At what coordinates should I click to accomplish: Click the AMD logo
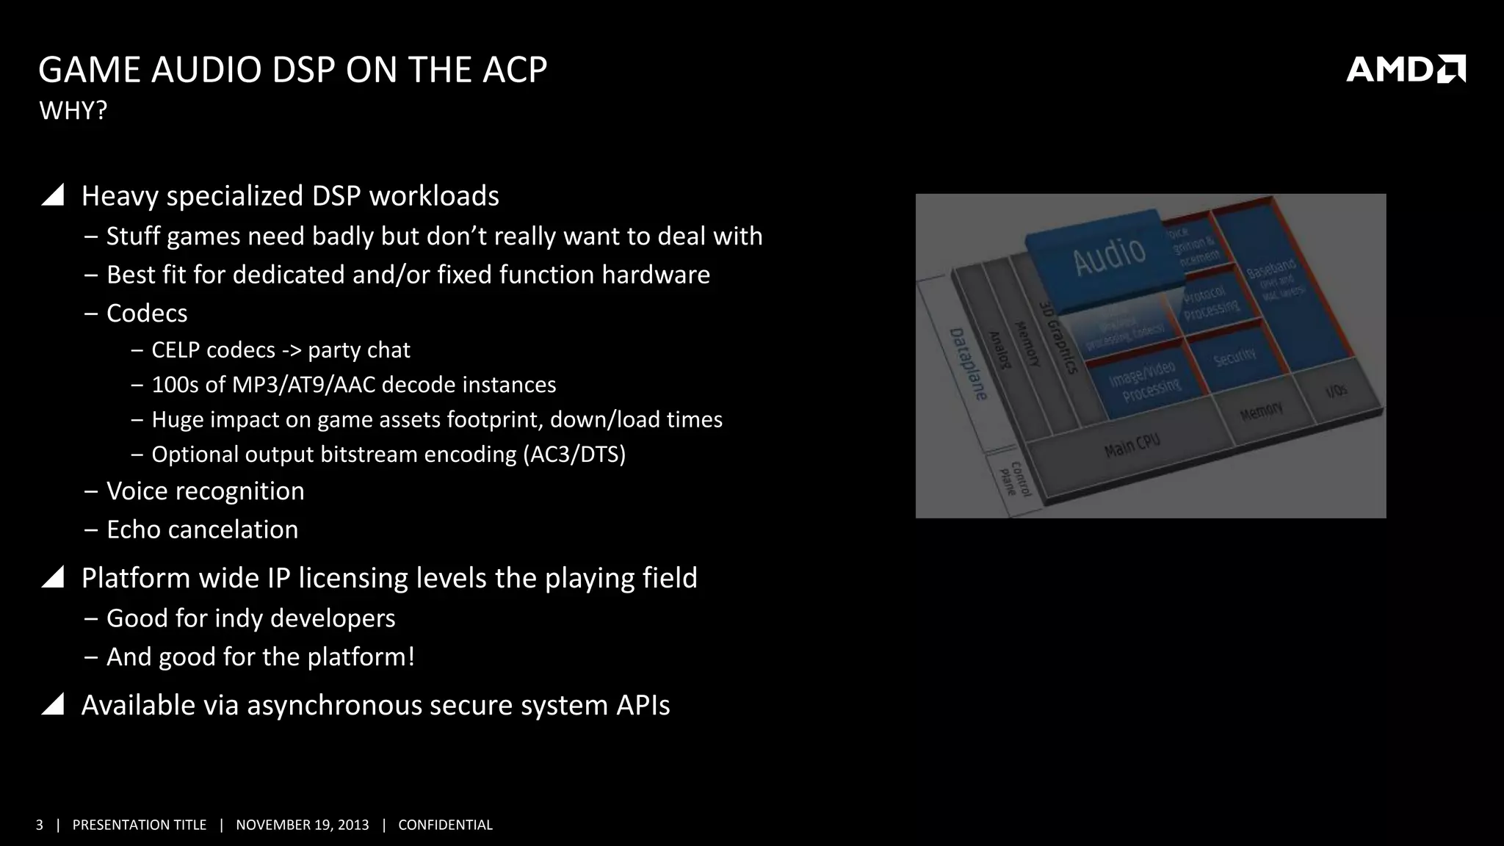[x=1405, y=69]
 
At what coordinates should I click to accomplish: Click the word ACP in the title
[x=514, y=70]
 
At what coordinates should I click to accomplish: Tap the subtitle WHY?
[x=73, y=111]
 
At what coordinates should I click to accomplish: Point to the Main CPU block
[x=1131, y=445]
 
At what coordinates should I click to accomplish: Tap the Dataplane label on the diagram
[x=968, y=364]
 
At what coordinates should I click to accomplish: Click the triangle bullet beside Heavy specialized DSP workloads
[x=53, y=195]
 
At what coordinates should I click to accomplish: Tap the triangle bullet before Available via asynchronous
[x=53, y=704]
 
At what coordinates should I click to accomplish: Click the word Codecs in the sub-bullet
[x=147, y=314]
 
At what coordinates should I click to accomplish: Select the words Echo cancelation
[x=202, y=529]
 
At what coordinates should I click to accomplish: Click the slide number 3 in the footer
[x=40, y=825]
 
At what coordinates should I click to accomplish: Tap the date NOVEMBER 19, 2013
[x=302, y=825]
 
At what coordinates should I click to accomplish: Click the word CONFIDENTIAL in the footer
[x=445, y=825]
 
